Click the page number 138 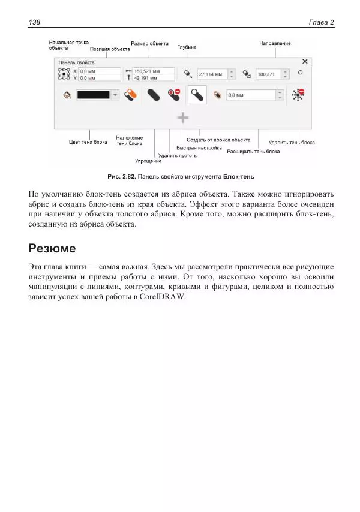(x=34, y=22)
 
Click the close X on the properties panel (x=305, y=61)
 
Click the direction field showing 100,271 (x=268, y=74)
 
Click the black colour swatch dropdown (x=98, y=95)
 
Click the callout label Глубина (x=187, y=47)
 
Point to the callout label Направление (x=275, y=43)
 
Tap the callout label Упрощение (x=148, y=161)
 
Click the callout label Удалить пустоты (x=178, y=155)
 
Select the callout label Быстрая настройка (x=199, y=147)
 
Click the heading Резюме (x=52, y=248)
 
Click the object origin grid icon (x=64, y=74)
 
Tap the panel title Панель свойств (x=76, y=62)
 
